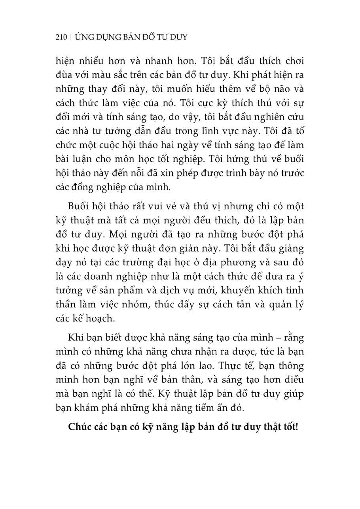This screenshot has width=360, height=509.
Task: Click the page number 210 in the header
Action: coord(62,38)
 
